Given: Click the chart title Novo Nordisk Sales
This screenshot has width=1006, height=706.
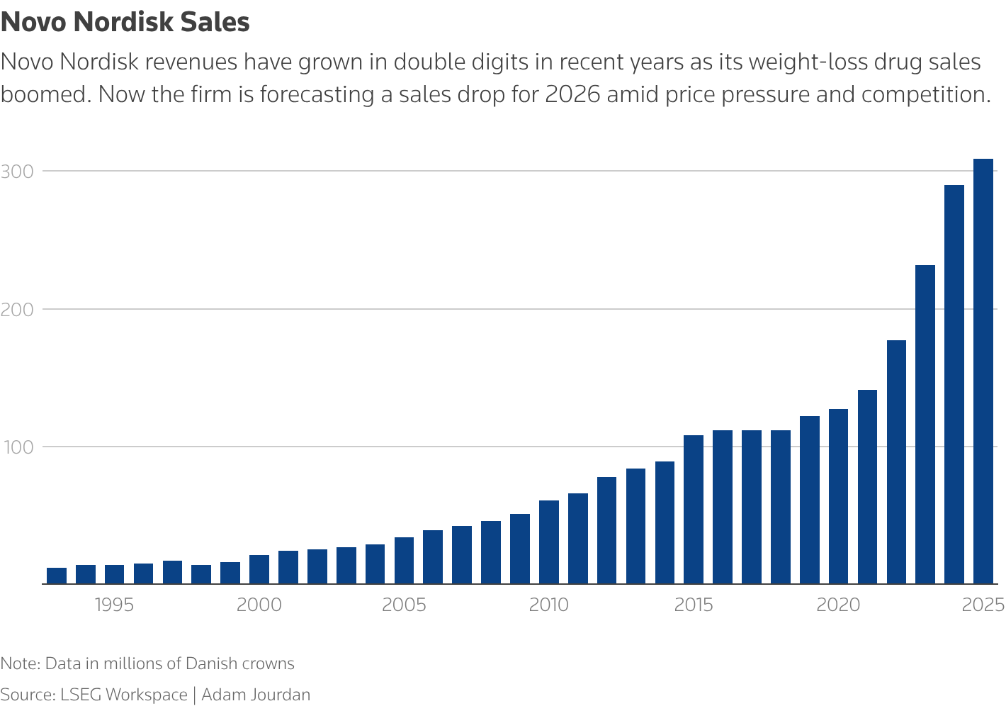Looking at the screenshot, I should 125,22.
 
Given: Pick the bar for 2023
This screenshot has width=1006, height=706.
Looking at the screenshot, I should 925,425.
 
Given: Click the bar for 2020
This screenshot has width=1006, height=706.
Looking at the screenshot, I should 838,496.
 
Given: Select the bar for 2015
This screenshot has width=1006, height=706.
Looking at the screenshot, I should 694,510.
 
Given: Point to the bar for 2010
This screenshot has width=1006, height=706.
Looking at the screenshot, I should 549,542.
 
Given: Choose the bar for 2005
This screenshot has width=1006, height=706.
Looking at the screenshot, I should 404,561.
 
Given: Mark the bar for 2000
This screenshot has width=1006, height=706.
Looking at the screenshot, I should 259,569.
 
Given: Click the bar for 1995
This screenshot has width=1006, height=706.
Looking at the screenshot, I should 114,574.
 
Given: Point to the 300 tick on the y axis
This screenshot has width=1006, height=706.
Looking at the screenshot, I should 17,172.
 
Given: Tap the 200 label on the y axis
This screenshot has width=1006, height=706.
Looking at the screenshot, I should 18,310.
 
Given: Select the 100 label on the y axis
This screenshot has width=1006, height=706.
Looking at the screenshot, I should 17,447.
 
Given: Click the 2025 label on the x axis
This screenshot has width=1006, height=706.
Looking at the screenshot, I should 983,605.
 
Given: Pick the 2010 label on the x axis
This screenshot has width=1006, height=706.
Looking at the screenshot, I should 549,605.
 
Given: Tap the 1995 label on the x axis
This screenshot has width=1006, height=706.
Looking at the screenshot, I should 114,605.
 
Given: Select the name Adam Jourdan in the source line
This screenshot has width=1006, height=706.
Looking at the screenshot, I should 256,695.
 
